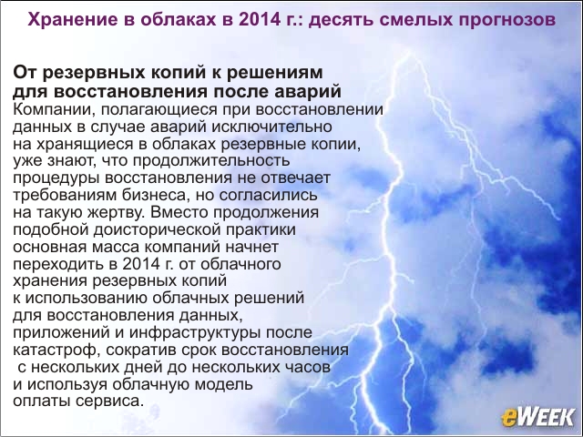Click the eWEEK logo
(537, 416)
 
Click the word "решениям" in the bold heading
(275, 73)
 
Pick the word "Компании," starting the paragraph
(54, 109)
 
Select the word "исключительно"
(271, 127)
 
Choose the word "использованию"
(86, 299)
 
